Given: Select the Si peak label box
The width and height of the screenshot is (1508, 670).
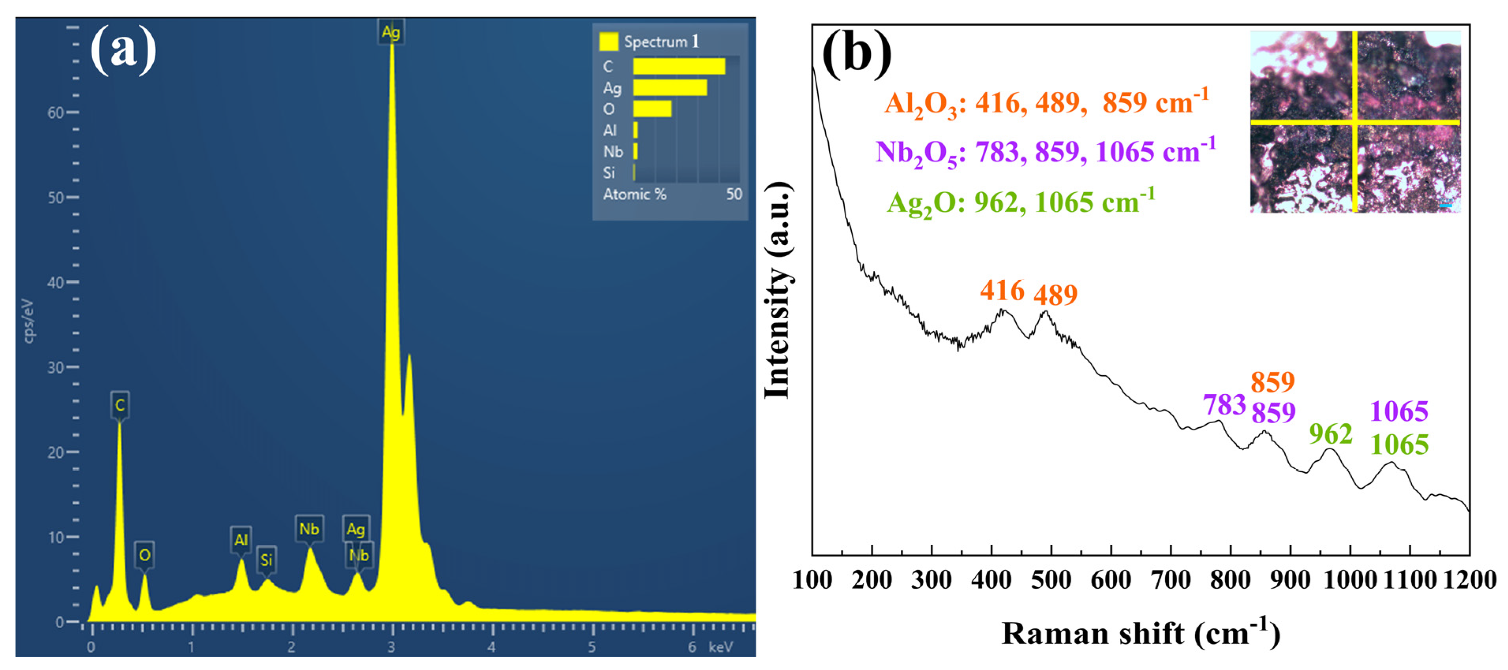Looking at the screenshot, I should coord(266,560).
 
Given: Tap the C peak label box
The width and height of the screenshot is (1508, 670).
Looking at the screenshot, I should coord(119,405).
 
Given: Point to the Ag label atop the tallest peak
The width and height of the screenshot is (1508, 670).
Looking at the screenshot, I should coord(390,32).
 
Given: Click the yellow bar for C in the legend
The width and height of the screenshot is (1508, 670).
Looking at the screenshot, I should coord(679,66).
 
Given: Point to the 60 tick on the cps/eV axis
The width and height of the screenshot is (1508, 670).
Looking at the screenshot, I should coord(56,112).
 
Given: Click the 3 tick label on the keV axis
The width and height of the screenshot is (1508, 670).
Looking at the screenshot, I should coord(391,647).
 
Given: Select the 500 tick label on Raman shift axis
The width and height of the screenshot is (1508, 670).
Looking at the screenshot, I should coord(1051,580).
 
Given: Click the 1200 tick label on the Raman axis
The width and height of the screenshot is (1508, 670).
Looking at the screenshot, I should coord(1469,580).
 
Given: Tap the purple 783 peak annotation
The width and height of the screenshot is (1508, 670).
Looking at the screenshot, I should coord(1224,404).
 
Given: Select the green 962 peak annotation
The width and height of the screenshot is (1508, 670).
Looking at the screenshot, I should coord(1331,434).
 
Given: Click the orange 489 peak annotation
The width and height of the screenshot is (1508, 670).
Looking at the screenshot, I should coord(1055,294).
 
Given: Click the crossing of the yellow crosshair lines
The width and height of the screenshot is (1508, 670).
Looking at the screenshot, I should coord(1354,122).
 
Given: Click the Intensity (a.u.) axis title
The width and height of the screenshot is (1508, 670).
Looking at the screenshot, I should coord(778,290).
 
